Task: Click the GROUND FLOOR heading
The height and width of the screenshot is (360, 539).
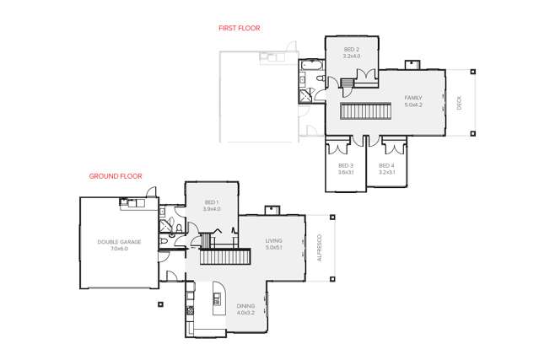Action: tap(116, 176)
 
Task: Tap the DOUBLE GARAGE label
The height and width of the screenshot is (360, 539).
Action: tap(118, 243)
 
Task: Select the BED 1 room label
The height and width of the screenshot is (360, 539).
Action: tap(212, 202)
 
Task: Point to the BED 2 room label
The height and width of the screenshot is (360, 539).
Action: tap(351, 51)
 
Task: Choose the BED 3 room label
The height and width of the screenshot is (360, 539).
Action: tap(345, 165)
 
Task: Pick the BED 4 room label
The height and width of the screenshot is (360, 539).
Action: tap(386, 165)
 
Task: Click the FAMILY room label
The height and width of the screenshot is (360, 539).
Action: tap(413, 98)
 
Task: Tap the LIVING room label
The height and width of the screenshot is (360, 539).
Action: tap(273, 241)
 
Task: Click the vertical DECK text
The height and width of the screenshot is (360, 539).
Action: tap(459, 103)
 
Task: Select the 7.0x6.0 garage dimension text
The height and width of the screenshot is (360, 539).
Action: tap(118, 250)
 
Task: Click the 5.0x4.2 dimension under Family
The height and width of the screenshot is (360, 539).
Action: tap(413, 105)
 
